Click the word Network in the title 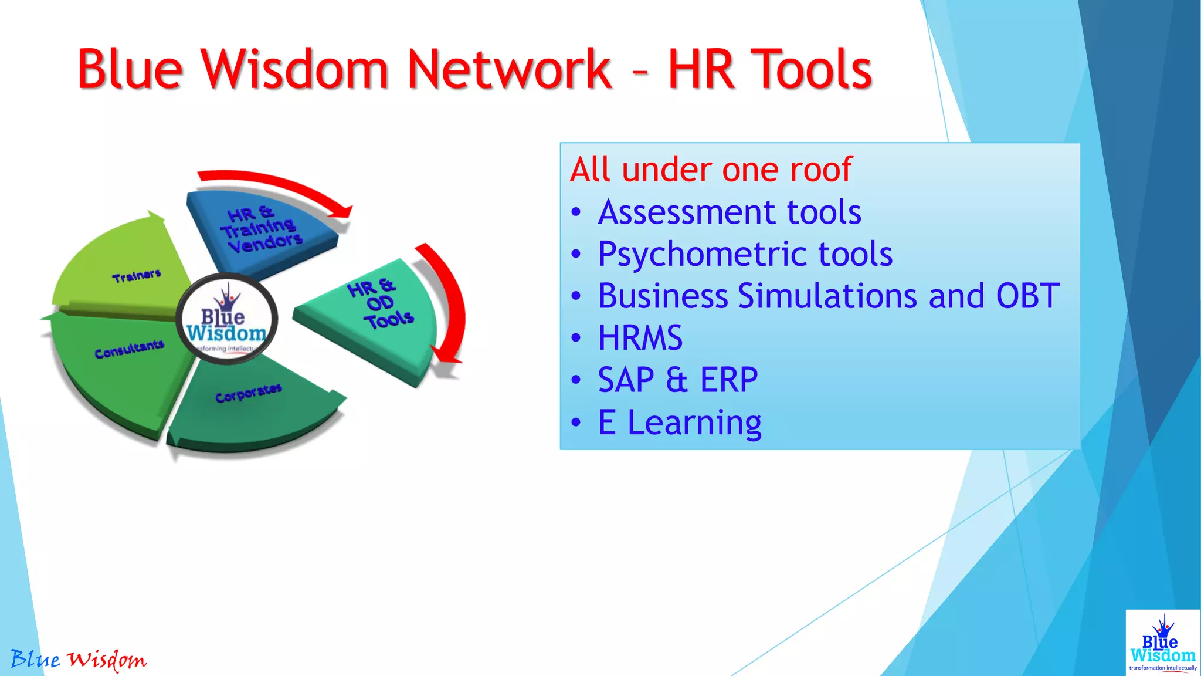pyautogui.click(x=509, y=69)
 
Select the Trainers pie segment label pyautogui.click(x=137, y=276)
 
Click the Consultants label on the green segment pyautogui.click(x=129, y=349)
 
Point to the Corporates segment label pyautogui.click(x=248, y=393)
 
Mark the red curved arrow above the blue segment pyautogui.click(x=276, y=188)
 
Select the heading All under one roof pyautogui.click(x=711, y=170)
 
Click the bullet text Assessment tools pyautogui.click(x=730, y=212)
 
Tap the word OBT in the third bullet pyautogui.click(x=1027, y=296)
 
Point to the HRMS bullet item pyautogui.click(x=640, y=339)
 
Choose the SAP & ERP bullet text pyautogui.click(x=678, y=380)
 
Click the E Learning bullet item pyautogui.click(x=679, y=422)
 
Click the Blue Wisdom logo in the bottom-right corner pyautogui.click(x=1162, y=643)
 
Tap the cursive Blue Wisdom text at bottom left pyautogui.click(x=79, y=660)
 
